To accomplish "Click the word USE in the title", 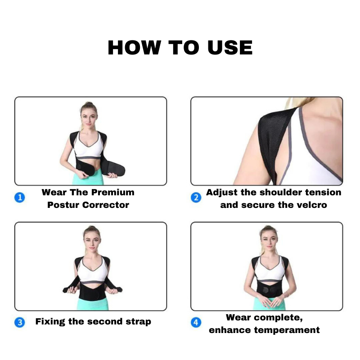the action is (x=230, y=48).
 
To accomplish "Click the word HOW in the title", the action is (x=134, y=48).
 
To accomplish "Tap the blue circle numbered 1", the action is (x=20, y=198).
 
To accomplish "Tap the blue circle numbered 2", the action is (x=196, y=198).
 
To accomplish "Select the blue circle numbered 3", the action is (x=20, y=322).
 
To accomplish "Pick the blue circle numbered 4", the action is (x=196, y=322).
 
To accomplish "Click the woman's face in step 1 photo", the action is (x=89, y=118).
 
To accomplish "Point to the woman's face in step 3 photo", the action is (x=92, y=242).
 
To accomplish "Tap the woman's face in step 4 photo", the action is (x=269, y=242).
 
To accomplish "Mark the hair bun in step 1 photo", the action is (x=89, y=104).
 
